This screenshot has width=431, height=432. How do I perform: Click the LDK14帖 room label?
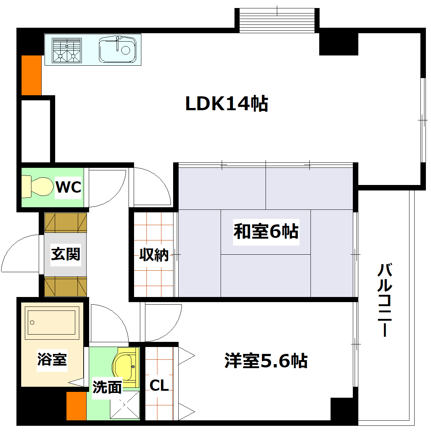227,104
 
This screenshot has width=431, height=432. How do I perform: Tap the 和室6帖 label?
266,232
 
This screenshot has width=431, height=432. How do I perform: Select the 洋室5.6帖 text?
266,361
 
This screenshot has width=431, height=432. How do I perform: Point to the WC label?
68,188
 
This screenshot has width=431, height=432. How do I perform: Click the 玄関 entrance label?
66,254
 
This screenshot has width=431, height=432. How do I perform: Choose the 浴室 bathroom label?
52,359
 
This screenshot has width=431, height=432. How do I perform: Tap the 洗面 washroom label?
107,387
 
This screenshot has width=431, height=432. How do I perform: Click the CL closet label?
159,385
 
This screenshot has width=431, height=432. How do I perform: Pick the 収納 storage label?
154,255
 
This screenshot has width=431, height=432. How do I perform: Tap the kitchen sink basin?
117,49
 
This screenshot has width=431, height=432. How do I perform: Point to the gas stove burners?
66,50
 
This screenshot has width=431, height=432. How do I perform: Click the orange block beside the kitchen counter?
31,75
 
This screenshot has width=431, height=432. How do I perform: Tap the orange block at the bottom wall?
76,406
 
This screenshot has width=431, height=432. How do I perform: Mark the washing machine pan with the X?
125,405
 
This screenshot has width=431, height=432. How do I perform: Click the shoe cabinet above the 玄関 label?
66,223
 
